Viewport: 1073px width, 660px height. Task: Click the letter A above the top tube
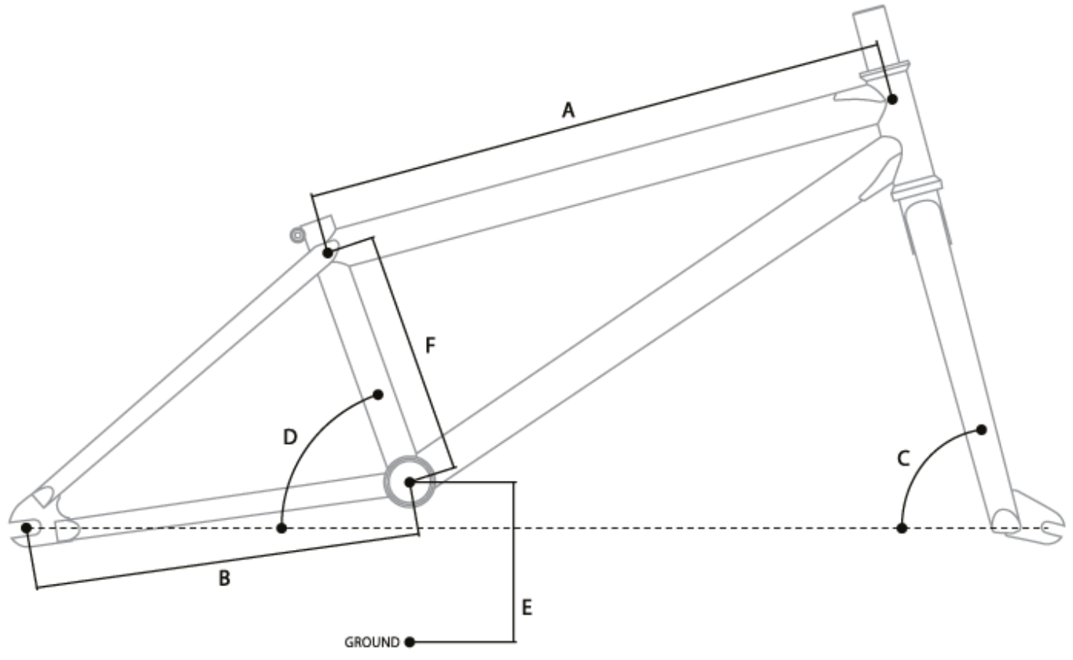[568, 112]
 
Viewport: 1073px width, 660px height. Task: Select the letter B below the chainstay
[224, 579]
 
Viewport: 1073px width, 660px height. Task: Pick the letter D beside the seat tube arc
[289, 437]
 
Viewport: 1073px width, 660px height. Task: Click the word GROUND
[372, 642]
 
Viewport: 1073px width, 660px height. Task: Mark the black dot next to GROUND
[409, 642]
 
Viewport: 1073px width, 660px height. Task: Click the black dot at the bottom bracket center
[409, 481]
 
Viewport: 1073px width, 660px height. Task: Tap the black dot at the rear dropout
[28, 527]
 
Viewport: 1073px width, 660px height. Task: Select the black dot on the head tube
[892, 99]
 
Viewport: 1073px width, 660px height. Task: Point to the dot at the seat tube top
[327, 253]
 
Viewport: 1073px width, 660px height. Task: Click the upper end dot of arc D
[378, 394]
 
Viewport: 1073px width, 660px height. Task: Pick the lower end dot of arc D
[281, 528]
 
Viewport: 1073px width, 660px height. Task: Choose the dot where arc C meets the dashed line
[902, 528]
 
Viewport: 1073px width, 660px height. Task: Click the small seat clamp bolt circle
[297, 234]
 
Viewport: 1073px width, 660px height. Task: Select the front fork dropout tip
[1049, 528]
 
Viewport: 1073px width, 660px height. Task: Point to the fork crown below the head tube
[917, 189]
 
